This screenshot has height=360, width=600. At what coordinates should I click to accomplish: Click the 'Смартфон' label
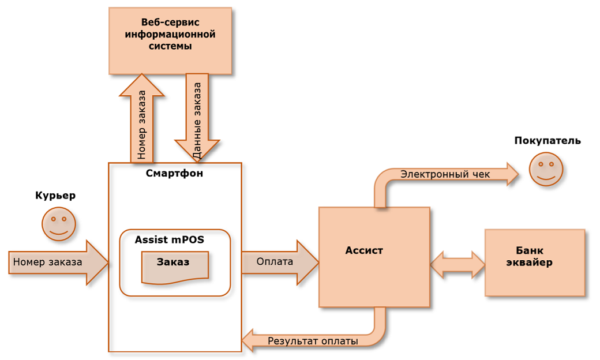[x=174, y=173]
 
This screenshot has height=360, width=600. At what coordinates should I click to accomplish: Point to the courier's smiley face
[x=59, y=224]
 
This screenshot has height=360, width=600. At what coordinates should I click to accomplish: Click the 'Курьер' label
[x=55, y=196]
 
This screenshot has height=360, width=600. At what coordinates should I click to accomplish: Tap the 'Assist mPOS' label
[x=169, y=239]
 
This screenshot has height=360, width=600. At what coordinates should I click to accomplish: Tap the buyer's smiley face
[x=546, y=169]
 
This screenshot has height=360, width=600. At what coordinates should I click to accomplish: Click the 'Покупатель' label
[x=547, y=141]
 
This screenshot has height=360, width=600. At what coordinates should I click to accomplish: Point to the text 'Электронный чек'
[x=445, y=174]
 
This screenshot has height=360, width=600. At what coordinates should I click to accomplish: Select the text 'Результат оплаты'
[x=313, y=341]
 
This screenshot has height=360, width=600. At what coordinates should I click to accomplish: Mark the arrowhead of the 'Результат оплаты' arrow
[x=249, y=340]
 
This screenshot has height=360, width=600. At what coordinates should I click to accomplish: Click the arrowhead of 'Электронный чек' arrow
[x=512, y=174]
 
